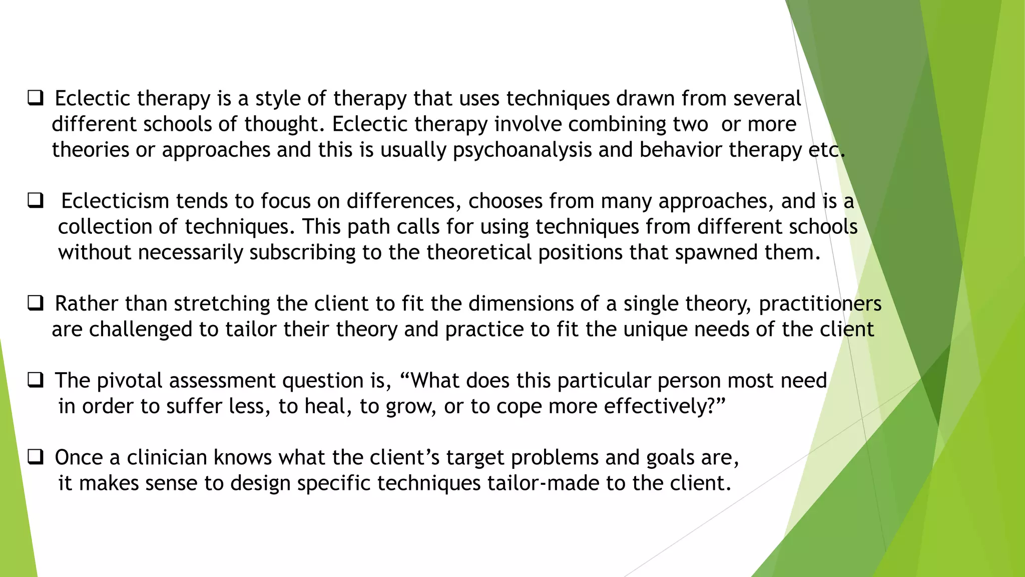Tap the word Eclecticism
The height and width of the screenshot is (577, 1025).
tap(115, 201)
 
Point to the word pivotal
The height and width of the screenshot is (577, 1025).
tap(130, 381)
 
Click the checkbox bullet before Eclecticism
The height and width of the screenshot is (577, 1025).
tap(35, 201)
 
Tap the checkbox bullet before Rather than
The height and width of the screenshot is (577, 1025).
tap(35, 304)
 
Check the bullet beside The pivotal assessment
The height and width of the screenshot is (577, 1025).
tap(35, 381)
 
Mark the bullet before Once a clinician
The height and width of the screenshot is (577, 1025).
tap(35, 457)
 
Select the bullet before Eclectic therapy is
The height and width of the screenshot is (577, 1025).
tap(35, 98)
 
